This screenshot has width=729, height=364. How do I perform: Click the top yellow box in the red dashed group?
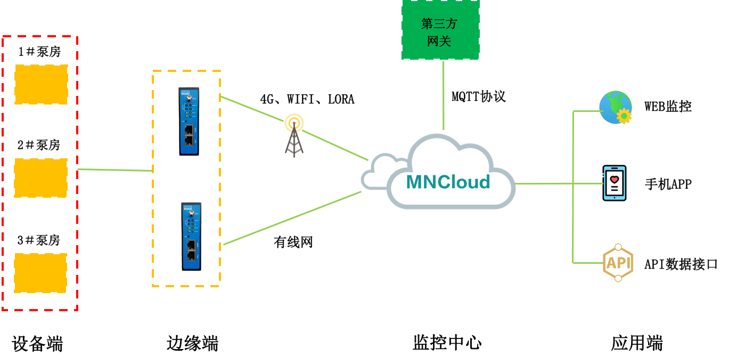point(41,84)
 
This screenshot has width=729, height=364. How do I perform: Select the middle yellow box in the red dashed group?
point(40,177)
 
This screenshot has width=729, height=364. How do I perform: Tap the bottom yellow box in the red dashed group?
point(40,273)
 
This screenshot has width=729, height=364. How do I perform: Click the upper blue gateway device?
point(189,121)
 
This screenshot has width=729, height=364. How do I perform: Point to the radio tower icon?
point(293,135)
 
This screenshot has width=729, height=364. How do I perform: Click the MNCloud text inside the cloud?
point(448,182)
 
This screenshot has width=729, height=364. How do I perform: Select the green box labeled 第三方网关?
point(440,30)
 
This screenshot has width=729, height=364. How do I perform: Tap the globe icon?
point(614,106)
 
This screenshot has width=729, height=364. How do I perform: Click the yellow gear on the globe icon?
point(624,116)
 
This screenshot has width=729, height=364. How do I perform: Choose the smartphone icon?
point(614,183)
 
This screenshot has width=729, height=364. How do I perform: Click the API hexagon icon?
point(618,263)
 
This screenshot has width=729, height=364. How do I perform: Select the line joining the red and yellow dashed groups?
point(114,170)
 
